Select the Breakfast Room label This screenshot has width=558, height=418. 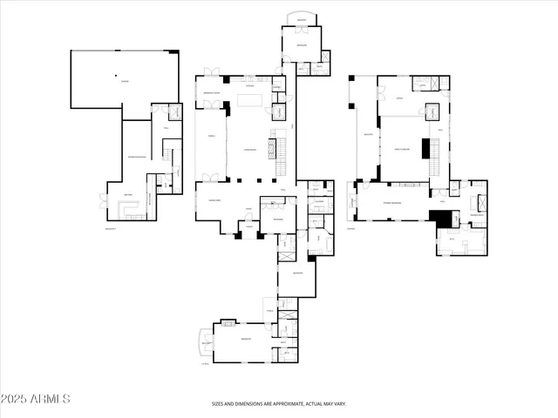point(211,92)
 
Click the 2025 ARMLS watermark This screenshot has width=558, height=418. point(36,398)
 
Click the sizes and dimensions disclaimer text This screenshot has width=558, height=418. point(279,403)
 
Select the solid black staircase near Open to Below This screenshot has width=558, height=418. point(428,149)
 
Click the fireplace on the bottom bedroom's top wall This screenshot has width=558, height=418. point(228,323)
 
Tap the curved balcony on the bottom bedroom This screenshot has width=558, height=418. point(206,342)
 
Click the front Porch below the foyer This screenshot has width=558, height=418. point(248,227)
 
